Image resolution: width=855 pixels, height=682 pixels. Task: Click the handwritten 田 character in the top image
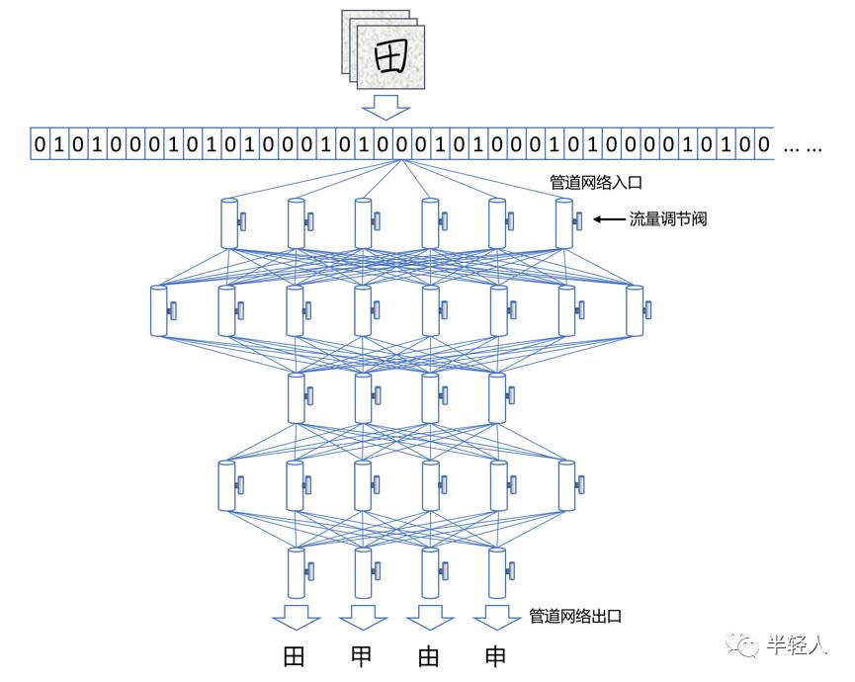pyautogui.click(x=390, y=58)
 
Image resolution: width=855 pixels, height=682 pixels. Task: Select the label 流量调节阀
pyautogui.click(x=668, y=219)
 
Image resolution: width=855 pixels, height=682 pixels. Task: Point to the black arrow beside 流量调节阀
pyautogui.click(x=607, y=219)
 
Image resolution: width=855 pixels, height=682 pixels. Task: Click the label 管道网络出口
pyautogui.click(x=576, y=616)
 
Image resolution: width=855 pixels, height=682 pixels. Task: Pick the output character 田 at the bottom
pyautogui.click(x=294, y=658)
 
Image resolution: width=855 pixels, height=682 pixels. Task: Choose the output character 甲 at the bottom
pyautogui.click(x=362, y=658)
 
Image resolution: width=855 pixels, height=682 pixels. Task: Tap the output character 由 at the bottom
pyautogui.click(x=429, y=658)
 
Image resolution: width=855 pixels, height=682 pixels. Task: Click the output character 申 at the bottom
pyautogui.click(x=496, y=658)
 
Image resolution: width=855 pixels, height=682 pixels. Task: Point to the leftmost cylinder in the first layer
pyautogui.click(x=228, y=222)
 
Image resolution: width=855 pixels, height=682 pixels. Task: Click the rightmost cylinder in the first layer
pyautogui.click(x=564, y=222)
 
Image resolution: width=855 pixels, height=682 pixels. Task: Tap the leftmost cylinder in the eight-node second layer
pyautogui.click(x=160, y=310)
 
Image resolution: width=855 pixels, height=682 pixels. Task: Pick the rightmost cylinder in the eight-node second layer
pyautogui.click(x=634, y=310)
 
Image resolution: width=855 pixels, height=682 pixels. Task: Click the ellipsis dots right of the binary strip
pyautogui.click(x=802, y=147)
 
